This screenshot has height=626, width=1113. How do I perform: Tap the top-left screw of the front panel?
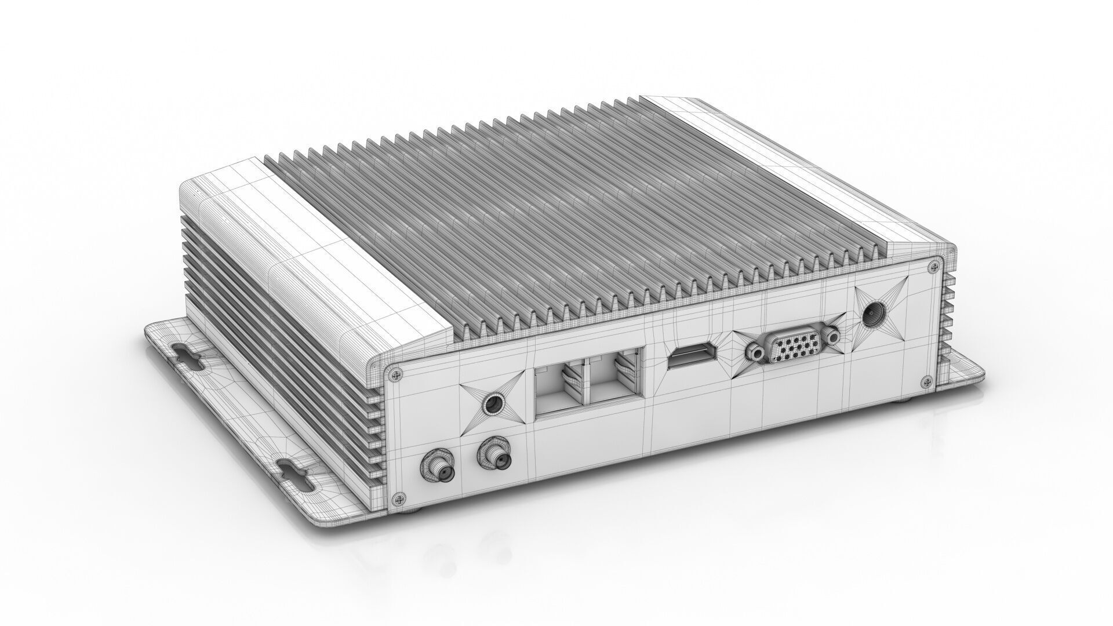coord(396,374)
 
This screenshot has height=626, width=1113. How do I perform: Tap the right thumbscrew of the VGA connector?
coord(833,337)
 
